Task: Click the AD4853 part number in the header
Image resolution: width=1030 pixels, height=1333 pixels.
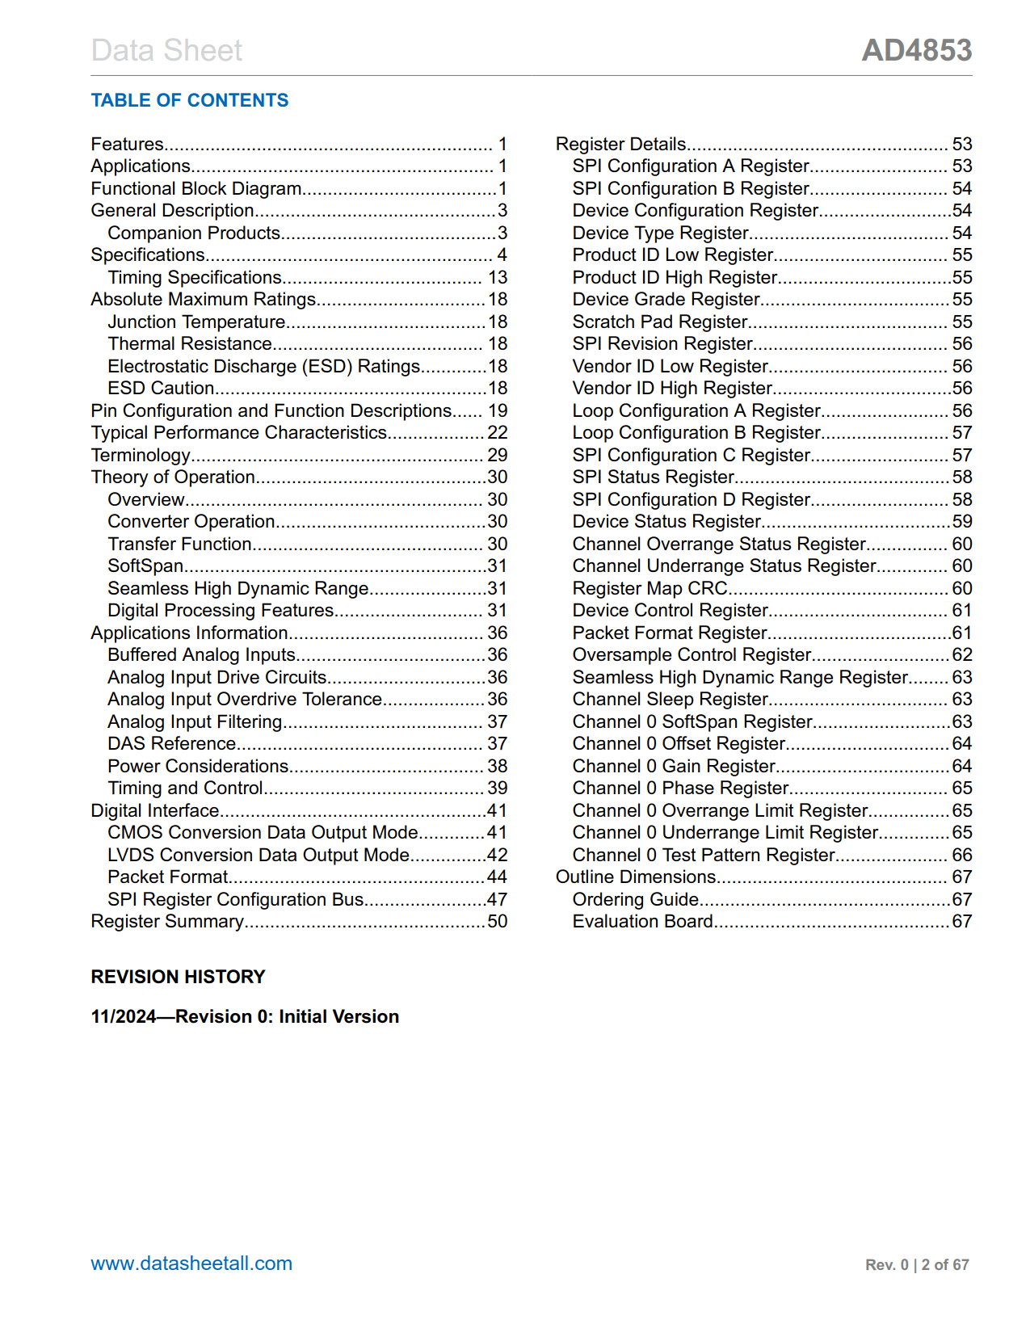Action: (x=916, y=50)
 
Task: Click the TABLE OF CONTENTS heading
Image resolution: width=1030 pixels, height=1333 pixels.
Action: (x=189, y=100)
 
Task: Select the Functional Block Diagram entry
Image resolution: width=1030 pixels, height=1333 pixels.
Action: (x=195, y=189)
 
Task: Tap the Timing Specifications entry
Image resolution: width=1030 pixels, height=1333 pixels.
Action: (x=195, y=278)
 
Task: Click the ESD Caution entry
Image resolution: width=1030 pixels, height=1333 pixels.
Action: (x=161, y=389)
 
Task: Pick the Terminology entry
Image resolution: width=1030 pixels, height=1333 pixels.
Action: (x=141, y=456)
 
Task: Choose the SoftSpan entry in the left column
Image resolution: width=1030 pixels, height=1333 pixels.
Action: (x=145, y=566)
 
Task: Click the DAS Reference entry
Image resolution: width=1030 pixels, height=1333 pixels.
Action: (x=171, y=744)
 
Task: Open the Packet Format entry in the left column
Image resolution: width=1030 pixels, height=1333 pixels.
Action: (x=168, y=877)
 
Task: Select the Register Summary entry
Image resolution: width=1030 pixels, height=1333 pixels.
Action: (x=167, y=922)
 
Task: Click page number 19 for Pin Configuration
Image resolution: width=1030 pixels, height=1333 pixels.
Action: (x=498, y=411)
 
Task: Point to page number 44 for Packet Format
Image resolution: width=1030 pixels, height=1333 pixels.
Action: (x=497, y=877)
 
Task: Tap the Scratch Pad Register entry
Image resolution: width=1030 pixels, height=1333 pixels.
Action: (x=660, y=322)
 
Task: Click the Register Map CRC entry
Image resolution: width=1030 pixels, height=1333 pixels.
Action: (x=650, y=589)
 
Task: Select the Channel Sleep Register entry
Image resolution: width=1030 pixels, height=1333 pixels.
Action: (x=671, y=700)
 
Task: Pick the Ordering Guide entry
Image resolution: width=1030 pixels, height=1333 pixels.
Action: (x=636, y=900)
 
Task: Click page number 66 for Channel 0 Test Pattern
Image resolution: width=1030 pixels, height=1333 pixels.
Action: (x=962, y=856)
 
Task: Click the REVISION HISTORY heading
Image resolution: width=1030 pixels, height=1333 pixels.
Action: (x=178, y=977)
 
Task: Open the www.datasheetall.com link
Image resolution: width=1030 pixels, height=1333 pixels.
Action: (x=191, y=1264)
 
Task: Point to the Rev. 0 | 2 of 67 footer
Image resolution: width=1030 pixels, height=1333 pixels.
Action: (x=917, y=1265)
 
